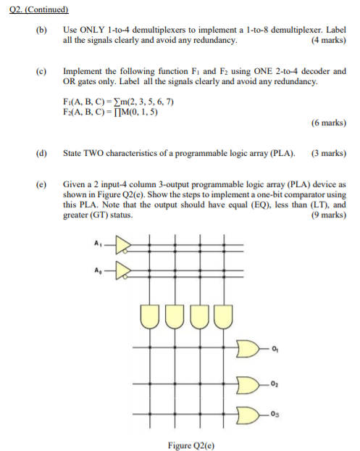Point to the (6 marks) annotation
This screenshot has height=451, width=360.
[x=327, y=123]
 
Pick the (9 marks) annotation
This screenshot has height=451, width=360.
[x=327, y=215]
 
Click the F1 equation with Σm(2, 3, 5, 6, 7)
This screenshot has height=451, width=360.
[x=119, y=102]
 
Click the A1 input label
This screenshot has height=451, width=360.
[x=99, y=244]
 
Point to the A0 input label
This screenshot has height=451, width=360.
[x=99, y=270]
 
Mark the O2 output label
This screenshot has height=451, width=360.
[x=277, y=382]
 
